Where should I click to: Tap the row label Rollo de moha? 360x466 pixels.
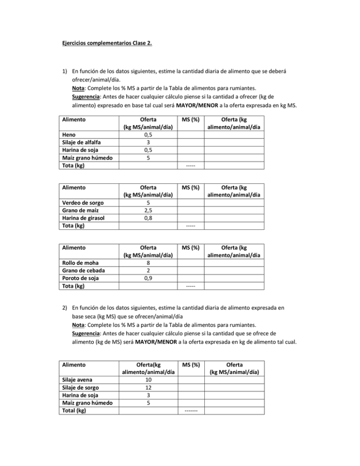[x=81, y=263]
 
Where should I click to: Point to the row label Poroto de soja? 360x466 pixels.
[x=83, y=278]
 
